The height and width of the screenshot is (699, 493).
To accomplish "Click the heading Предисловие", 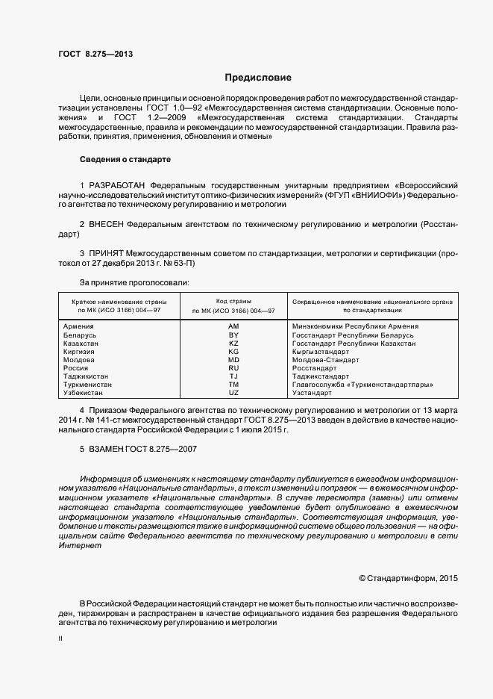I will [258, 78].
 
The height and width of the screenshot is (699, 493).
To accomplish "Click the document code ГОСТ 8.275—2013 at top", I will [95, 55].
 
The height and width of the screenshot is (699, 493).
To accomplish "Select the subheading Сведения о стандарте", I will [125, 160].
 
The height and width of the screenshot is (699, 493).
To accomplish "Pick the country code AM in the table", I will [233, 326].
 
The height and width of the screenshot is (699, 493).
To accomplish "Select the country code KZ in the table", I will [233, 343].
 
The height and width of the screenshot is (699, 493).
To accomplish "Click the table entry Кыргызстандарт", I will [321, 351].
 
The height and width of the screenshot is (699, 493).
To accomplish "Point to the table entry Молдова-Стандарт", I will [324, 359].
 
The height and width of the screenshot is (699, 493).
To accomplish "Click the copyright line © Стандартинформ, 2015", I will [409, 578].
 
